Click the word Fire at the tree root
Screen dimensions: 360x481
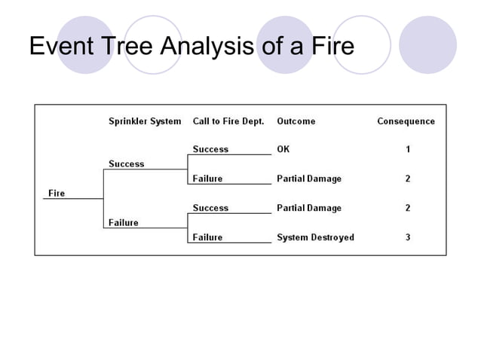pos(57,193)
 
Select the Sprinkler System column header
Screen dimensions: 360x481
pos(145,121)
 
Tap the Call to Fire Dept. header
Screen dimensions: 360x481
pos(228,121)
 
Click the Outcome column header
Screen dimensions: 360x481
pos(296,121)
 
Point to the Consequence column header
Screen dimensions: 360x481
pos(406,121)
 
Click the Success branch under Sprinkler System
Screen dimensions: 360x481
pos(126,163)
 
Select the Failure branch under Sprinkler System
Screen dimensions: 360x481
pos(123,222)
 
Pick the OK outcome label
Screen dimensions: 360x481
pos(283,149)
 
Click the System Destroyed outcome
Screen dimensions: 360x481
pos(315,237)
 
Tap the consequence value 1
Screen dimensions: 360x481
pos(408,149)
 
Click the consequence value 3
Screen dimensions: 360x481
pos(408,237)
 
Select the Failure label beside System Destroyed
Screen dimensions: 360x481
pos(207,237)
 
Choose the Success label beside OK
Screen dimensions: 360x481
pos(210,149)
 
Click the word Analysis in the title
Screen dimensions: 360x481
pos(207,47)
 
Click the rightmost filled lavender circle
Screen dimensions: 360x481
pos(427,44)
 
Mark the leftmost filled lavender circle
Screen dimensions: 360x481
pos(85,44)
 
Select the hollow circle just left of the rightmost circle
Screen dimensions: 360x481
pos(362,44)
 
